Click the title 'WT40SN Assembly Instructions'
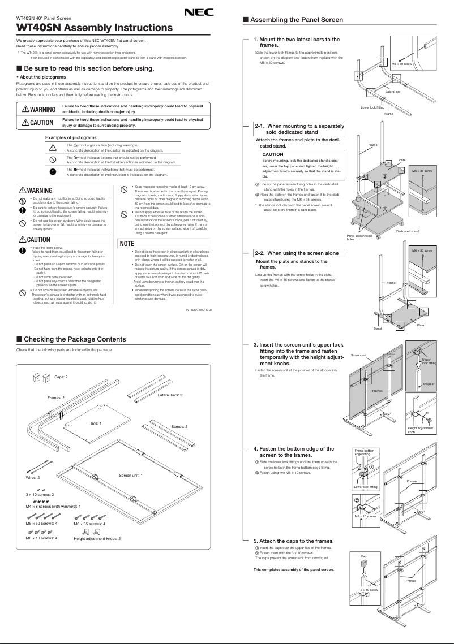(95, 28)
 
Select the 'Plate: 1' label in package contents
(95, 423)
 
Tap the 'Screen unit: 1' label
(131, 474)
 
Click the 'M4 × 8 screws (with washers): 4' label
(53, 507)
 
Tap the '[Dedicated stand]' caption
(407, 231)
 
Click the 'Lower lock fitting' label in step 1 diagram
(372, 107)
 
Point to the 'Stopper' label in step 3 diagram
(429, 384)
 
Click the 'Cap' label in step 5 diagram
(363, 556)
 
